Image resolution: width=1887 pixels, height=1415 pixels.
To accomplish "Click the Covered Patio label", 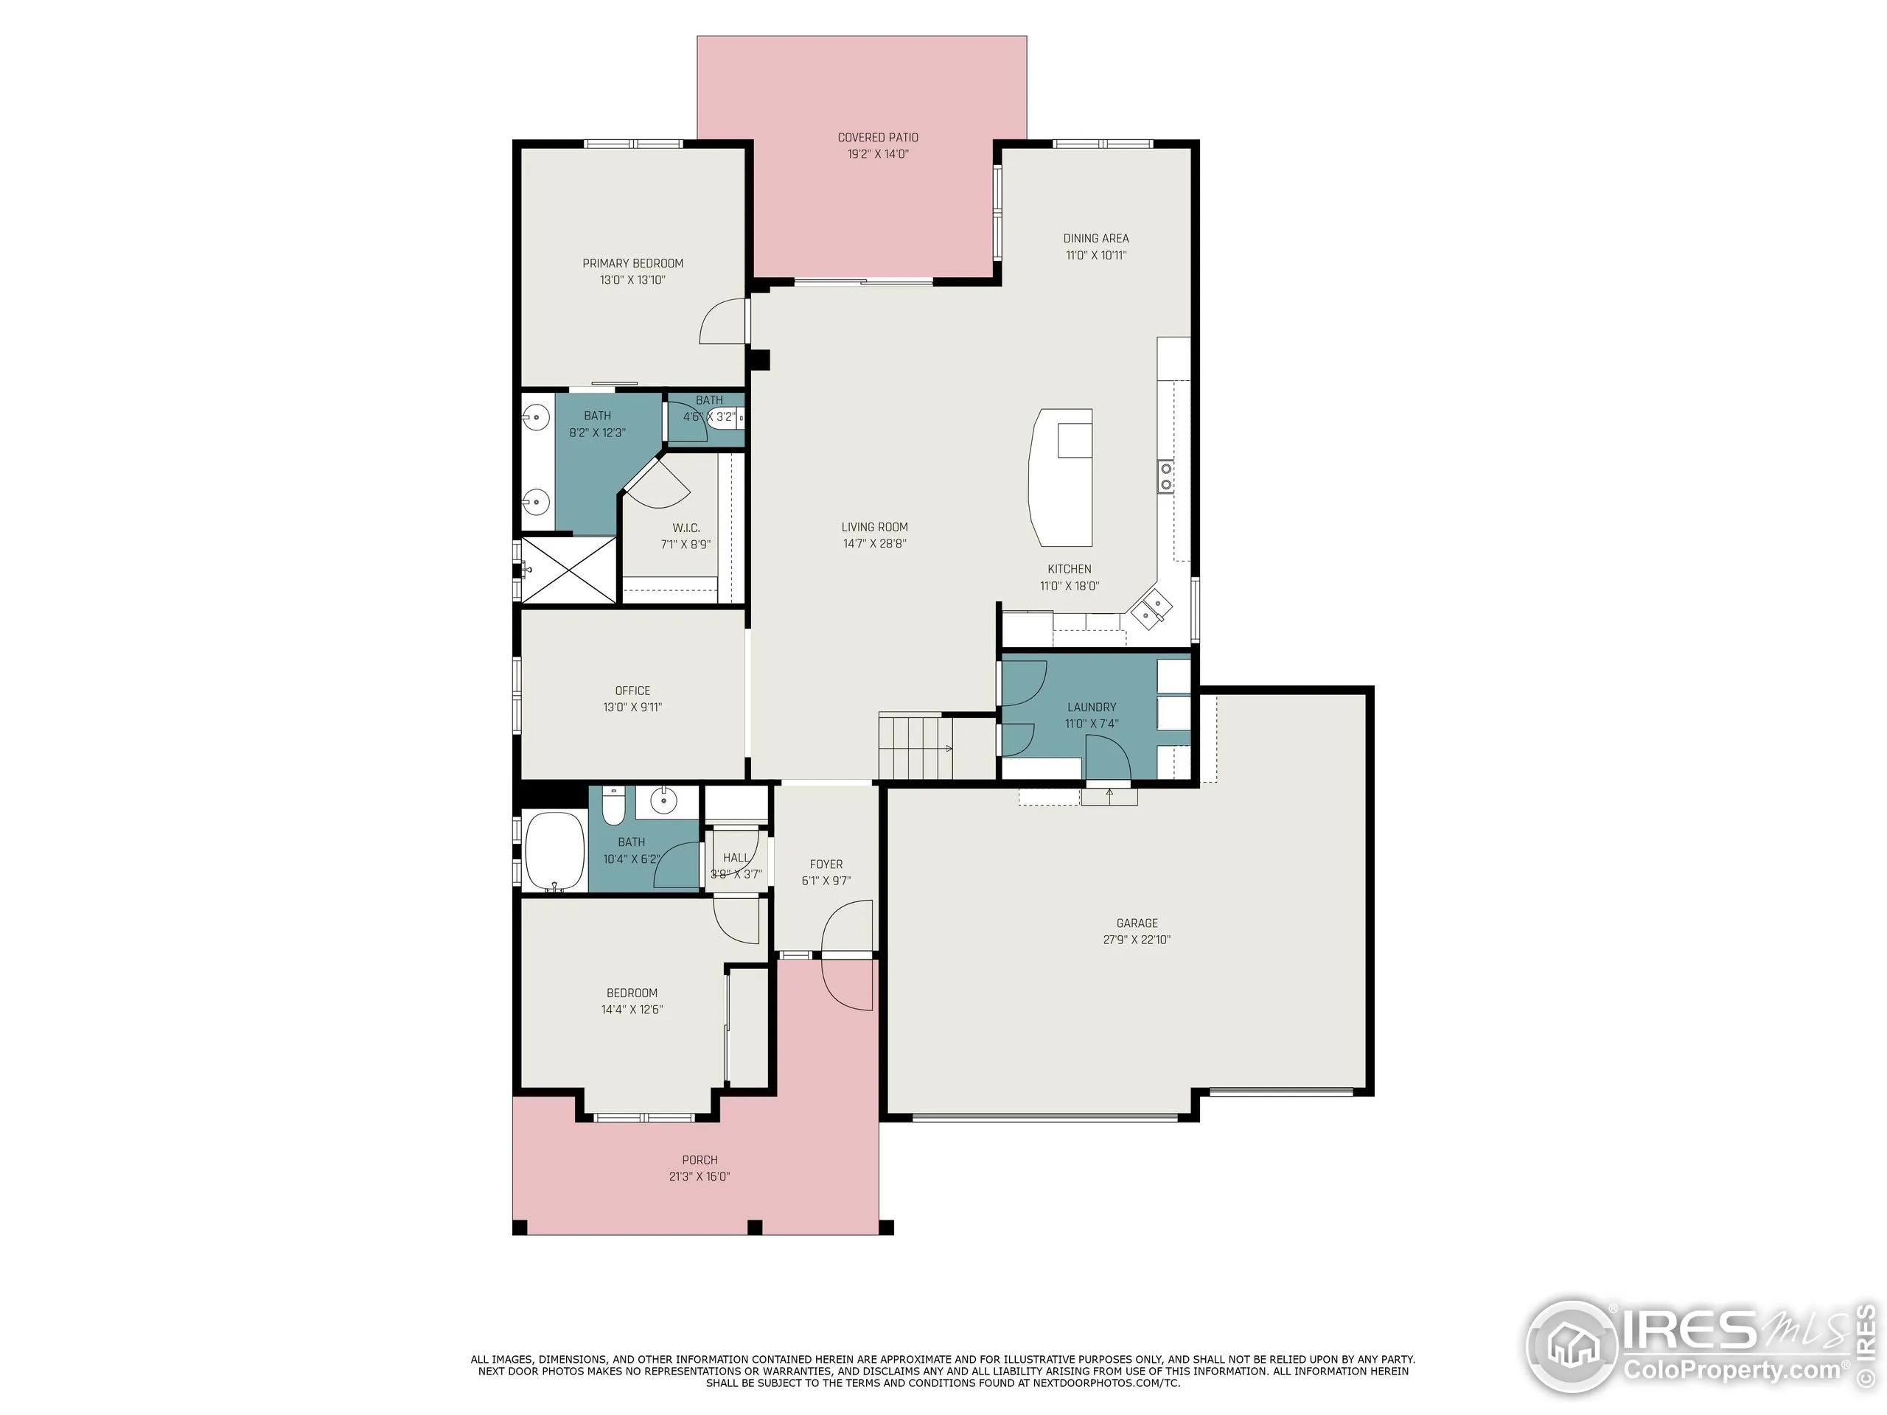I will tap(877, 137).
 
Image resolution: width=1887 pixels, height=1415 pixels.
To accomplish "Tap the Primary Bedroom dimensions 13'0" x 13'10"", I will tap(632, 280).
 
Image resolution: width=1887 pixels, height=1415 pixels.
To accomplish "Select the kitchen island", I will tap(1061, 478).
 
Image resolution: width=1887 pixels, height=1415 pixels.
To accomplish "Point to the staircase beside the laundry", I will tap(915, 748).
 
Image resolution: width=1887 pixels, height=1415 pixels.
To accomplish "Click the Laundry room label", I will tap(1091, 707).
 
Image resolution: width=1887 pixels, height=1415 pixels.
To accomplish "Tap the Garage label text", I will tap(1137, 923).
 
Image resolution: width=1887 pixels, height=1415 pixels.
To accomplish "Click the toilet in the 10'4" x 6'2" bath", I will tap(613, 807).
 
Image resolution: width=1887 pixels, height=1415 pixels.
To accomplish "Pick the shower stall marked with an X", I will tap(568, 570).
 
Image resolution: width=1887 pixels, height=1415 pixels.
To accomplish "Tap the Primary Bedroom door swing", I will tap(722, 322).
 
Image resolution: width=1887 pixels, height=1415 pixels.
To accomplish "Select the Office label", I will tap(632, 691).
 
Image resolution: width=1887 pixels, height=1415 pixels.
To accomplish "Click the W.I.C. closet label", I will tap(685, 528).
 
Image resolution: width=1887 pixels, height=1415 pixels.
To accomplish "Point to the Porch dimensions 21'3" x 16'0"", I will tap(699, 1176).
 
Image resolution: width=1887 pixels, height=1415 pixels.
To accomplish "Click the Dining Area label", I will tap(1095, 239).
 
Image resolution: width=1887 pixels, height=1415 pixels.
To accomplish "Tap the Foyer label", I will tap(826, 864).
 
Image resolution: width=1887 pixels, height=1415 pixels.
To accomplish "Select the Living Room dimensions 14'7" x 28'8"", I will tap(874, 543).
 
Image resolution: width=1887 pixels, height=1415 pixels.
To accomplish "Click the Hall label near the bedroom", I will tap(736, 858).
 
